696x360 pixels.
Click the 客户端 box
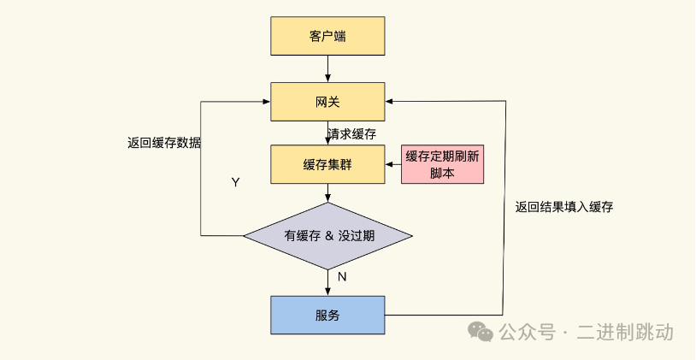(x=327, y=37)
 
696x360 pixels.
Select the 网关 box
(x=327, y=102)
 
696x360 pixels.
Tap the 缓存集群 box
(x=327, y=164)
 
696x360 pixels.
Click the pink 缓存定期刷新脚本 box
(x=443, y=164)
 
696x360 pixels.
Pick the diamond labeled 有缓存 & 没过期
(x=327, y=236)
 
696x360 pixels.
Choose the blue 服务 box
(x=327, y=315)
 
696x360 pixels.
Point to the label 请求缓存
(x=351, y=133)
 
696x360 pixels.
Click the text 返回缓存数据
(x=164, y=143)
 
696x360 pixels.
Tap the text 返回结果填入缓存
(x=564, y=207)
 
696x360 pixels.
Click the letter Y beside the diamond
(x=235, y=182)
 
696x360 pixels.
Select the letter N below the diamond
(x=341, y=277)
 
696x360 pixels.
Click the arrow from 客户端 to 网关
(x=327, y=69)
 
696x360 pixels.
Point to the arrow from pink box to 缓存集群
(x=393, y=164)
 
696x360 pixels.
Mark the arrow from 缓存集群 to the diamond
(x=327, y=193)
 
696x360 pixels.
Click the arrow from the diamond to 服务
(x=327, y=282)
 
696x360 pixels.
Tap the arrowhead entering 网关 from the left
(x=266, y=102)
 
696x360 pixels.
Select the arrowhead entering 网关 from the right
(x=390, y=102)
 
